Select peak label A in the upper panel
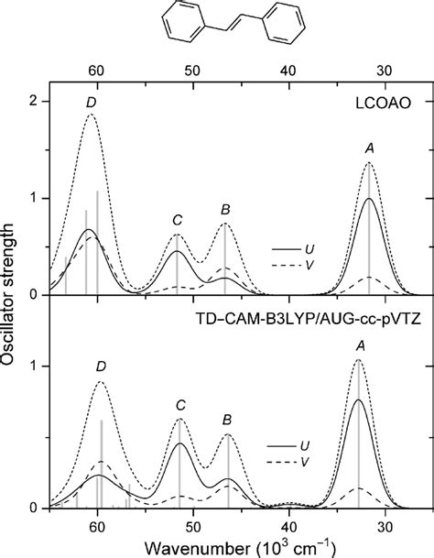pos(370,148)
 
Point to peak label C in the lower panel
pos(180,404)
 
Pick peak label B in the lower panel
pos(228,420)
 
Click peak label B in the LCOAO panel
pos(225,209)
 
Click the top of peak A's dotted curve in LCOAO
pos(369,163)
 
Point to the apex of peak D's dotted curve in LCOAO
pos(91,115)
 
